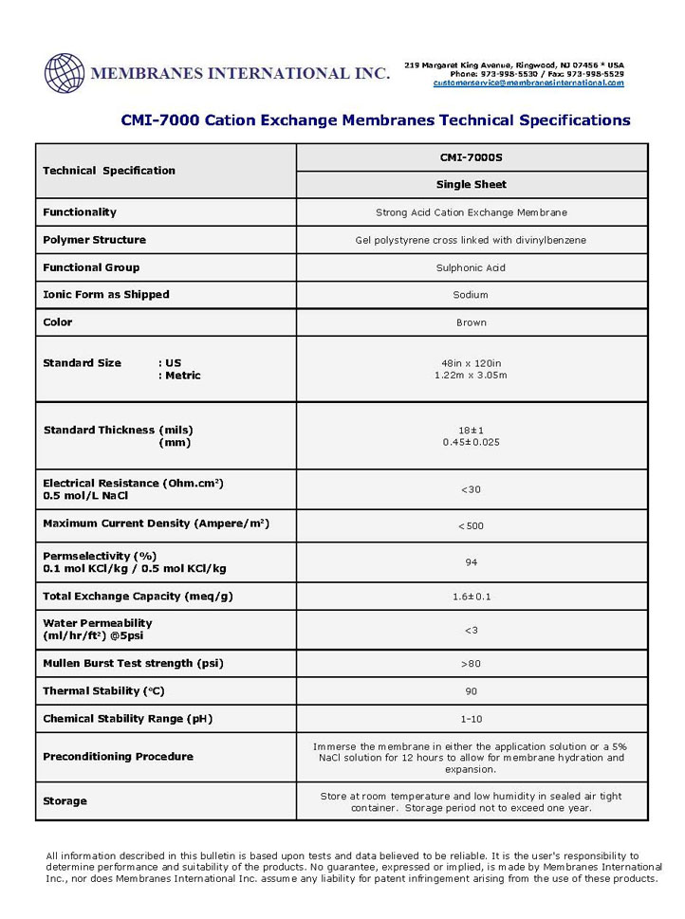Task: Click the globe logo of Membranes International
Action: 65,73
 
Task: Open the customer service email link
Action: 528,83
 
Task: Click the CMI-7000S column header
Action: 472,157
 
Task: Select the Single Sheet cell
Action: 472,185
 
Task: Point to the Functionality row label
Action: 80,212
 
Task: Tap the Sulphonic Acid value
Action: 472,267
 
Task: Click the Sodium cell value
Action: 472,295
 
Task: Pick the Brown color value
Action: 472,322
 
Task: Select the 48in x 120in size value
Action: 472,363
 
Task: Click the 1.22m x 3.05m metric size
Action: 472,376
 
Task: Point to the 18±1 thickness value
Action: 472,430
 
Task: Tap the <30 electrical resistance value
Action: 472,489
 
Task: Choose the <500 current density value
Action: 472,524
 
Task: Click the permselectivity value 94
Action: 472,562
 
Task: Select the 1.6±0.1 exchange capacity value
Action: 472,597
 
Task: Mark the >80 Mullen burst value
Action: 472,664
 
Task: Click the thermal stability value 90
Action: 472,691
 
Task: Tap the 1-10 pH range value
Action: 472,719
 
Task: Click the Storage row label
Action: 65,801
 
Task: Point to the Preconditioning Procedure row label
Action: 118,757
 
